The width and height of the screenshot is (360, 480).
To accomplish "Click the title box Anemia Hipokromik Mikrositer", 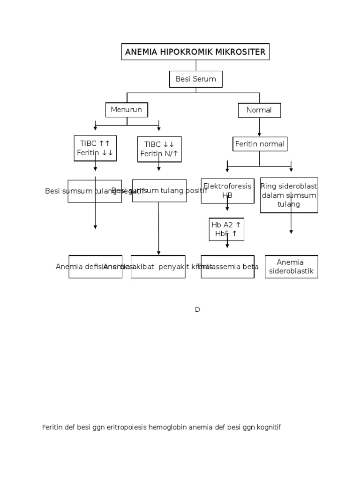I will [195, 52].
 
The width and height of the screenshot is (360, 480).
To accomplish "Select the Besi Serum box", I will [195, 79].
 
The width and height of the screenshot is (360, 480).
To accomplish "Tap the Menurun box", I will [127, 110].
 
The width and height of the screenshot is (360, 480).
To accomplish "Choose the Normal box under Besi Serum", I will [259, 110].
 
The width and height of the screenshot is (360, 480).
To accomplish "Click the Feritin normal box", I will [260, 144].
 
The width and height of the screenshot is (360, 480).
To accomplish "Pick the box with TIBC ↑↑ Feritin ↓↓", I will [95, 148].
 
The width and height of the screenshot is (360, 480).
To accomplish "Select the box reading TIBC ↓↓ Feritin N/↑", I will [159, 149].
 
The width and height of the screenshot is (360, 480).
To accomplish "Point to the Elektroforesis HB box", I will [227, 190].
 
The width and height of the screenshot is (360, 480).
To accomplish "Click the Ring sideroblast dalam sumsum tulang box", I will [289, 195].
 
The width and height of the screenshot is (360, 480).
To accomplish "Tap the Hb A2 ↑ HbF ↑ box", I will [227, 229].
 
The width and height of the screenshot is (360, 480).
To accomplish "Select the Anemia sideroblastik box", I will [291, 267].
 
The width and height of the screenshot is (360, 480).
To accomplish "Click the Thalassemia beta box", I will [228, 267].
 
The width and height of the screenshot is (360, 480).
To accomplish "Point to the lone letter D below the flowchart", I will [197, 309].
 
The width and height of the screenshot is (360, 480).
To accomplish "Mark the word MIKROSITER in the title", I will [243, 52].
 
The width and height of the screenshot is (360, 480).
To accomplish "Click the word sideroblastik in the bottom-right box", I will [291, 271].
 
